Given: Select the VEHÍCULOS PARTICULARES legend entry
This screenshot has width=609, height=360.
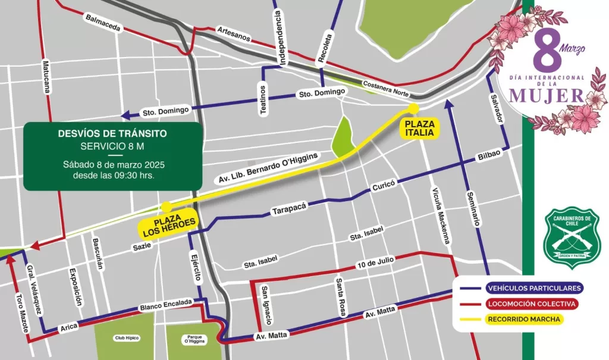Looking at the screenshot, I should pos(522,288).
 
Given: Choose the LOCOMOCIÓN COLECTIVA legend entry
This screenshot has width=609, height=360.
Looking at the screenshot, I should pos(522,303).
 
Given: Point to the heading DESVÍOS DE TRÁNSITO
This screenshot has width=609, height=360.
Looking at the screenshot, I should pos(112,133).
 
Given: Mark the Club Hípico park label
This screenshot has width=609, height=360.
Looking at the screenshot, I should pos(127,338).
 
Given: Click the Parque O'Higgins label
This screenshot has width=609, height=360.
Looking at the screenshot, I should pos(186,338).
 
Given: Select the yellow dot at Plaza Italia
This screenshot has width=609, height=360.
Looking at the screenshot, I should pos(413,108).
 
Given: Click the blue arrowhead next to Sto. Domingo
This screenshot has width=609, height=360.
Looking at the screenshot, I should pos(125,115).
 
